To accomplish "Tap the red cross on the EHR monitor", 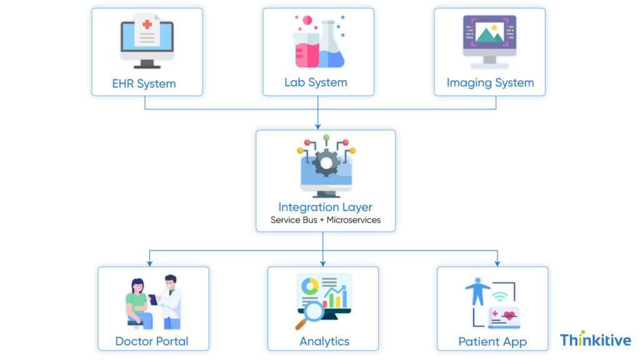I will (x=147, y=24).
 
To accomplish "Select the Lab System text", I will (x=316, y=82).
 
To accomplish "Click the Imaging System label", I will (x=490, y=82).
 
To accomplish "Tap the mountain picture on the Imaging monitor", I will (x=489, y=33).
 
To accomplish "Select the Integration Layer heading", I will (x=325, y=207).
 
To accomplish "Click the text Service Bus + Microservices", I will (x=325, y=220).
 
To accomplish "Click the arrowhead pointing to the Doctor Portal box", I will (x=150, y=262).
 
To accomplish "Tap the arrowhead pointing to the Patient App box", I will (x=497, y=262).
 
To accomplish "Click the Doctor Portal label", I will (x=152, y=341).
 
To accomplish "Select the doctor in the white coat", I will (x=170, y=303).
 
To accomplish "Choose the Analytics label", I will (x=324, y=341).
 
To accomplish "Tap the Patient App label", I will (x=492, y=342).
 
